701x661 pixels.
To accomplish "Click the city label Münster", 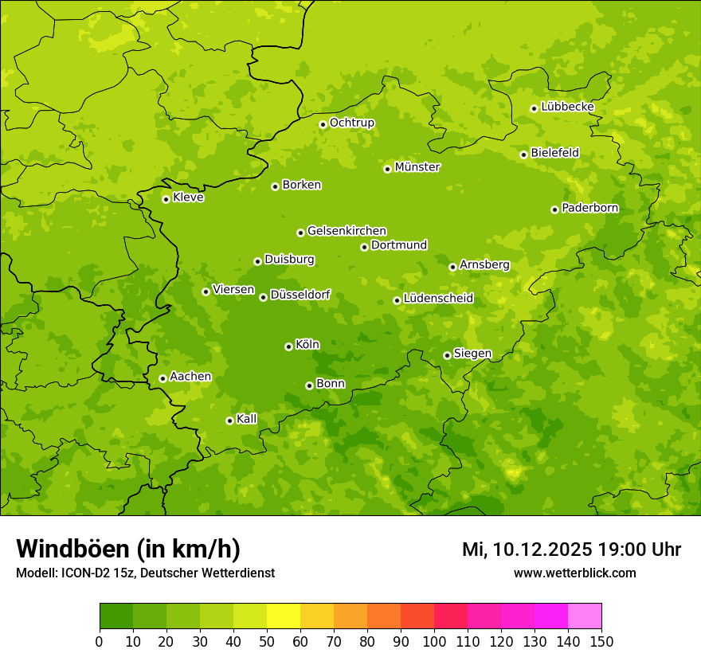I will click(x=417, y=167).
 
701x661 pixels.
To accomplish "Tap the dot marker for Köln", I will click(x=288, y=346).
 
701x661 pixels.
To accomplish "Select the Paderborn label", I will click(x=589, y=208).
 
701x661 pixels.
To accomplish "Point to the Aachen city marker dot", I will click(x=163, y=378).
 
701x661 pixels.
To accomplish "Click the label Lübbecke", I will click(x=567, y=107).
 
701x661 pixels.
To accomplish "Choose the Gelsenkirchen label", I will click(x=347, y=231).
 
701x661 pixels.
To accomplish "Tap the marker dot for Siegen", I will click(x=447, y=355).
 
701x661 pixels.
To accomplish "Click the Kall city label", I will click(x=247, y=419).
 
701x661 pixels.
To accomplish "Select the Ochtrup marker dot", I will click(x=323, y=124).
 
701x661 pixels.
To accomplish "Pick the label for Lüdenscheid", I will click(x=438, y=299).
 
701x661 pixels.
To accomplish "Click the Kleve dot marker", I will click(x=166, y=199).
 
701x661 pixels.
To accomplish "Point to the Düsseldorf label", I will click(x=300, y=295).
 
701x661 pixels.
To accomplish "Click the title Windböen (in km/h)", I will click(x=128, y=550).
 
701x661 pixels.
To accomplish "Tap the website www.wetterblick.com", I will click(x=574, y=573).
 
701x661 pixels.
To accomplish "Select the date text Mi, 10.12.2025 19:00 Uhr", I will click(x=571, y=550).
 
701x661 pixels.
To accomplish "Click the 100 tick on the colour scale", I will click(x=433, y=640).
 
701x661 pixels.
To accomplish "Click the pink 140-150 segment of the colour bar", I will click(x=585, y=616).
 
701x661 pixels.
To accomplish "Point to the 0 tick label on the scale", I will click(x=100, y=640).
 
